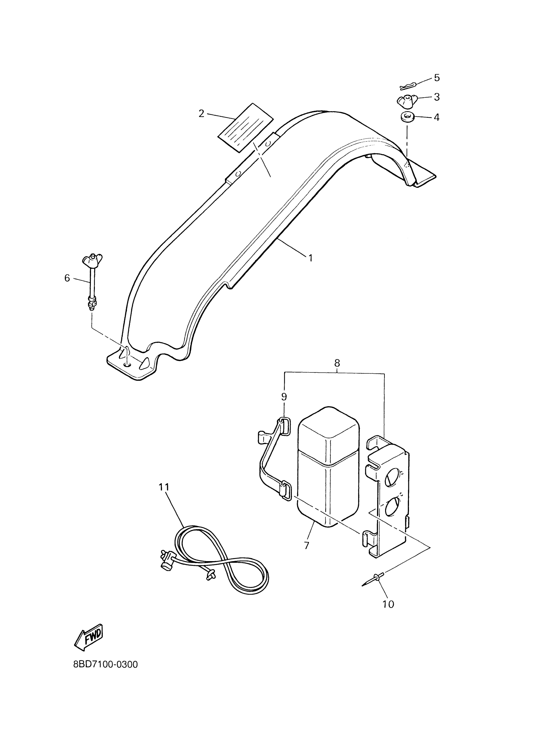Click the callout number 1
(310, 258)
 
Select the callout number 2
(202, 113)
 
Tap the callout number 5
(437, 78)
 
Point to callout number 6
(67, 278)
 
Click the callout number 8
(337, 363)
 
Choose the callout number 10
(388, 604)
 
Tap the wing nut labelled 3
(405, 101)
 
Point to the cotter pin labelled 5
(408, 86)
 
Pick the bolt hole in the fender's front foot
(128, 365)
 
